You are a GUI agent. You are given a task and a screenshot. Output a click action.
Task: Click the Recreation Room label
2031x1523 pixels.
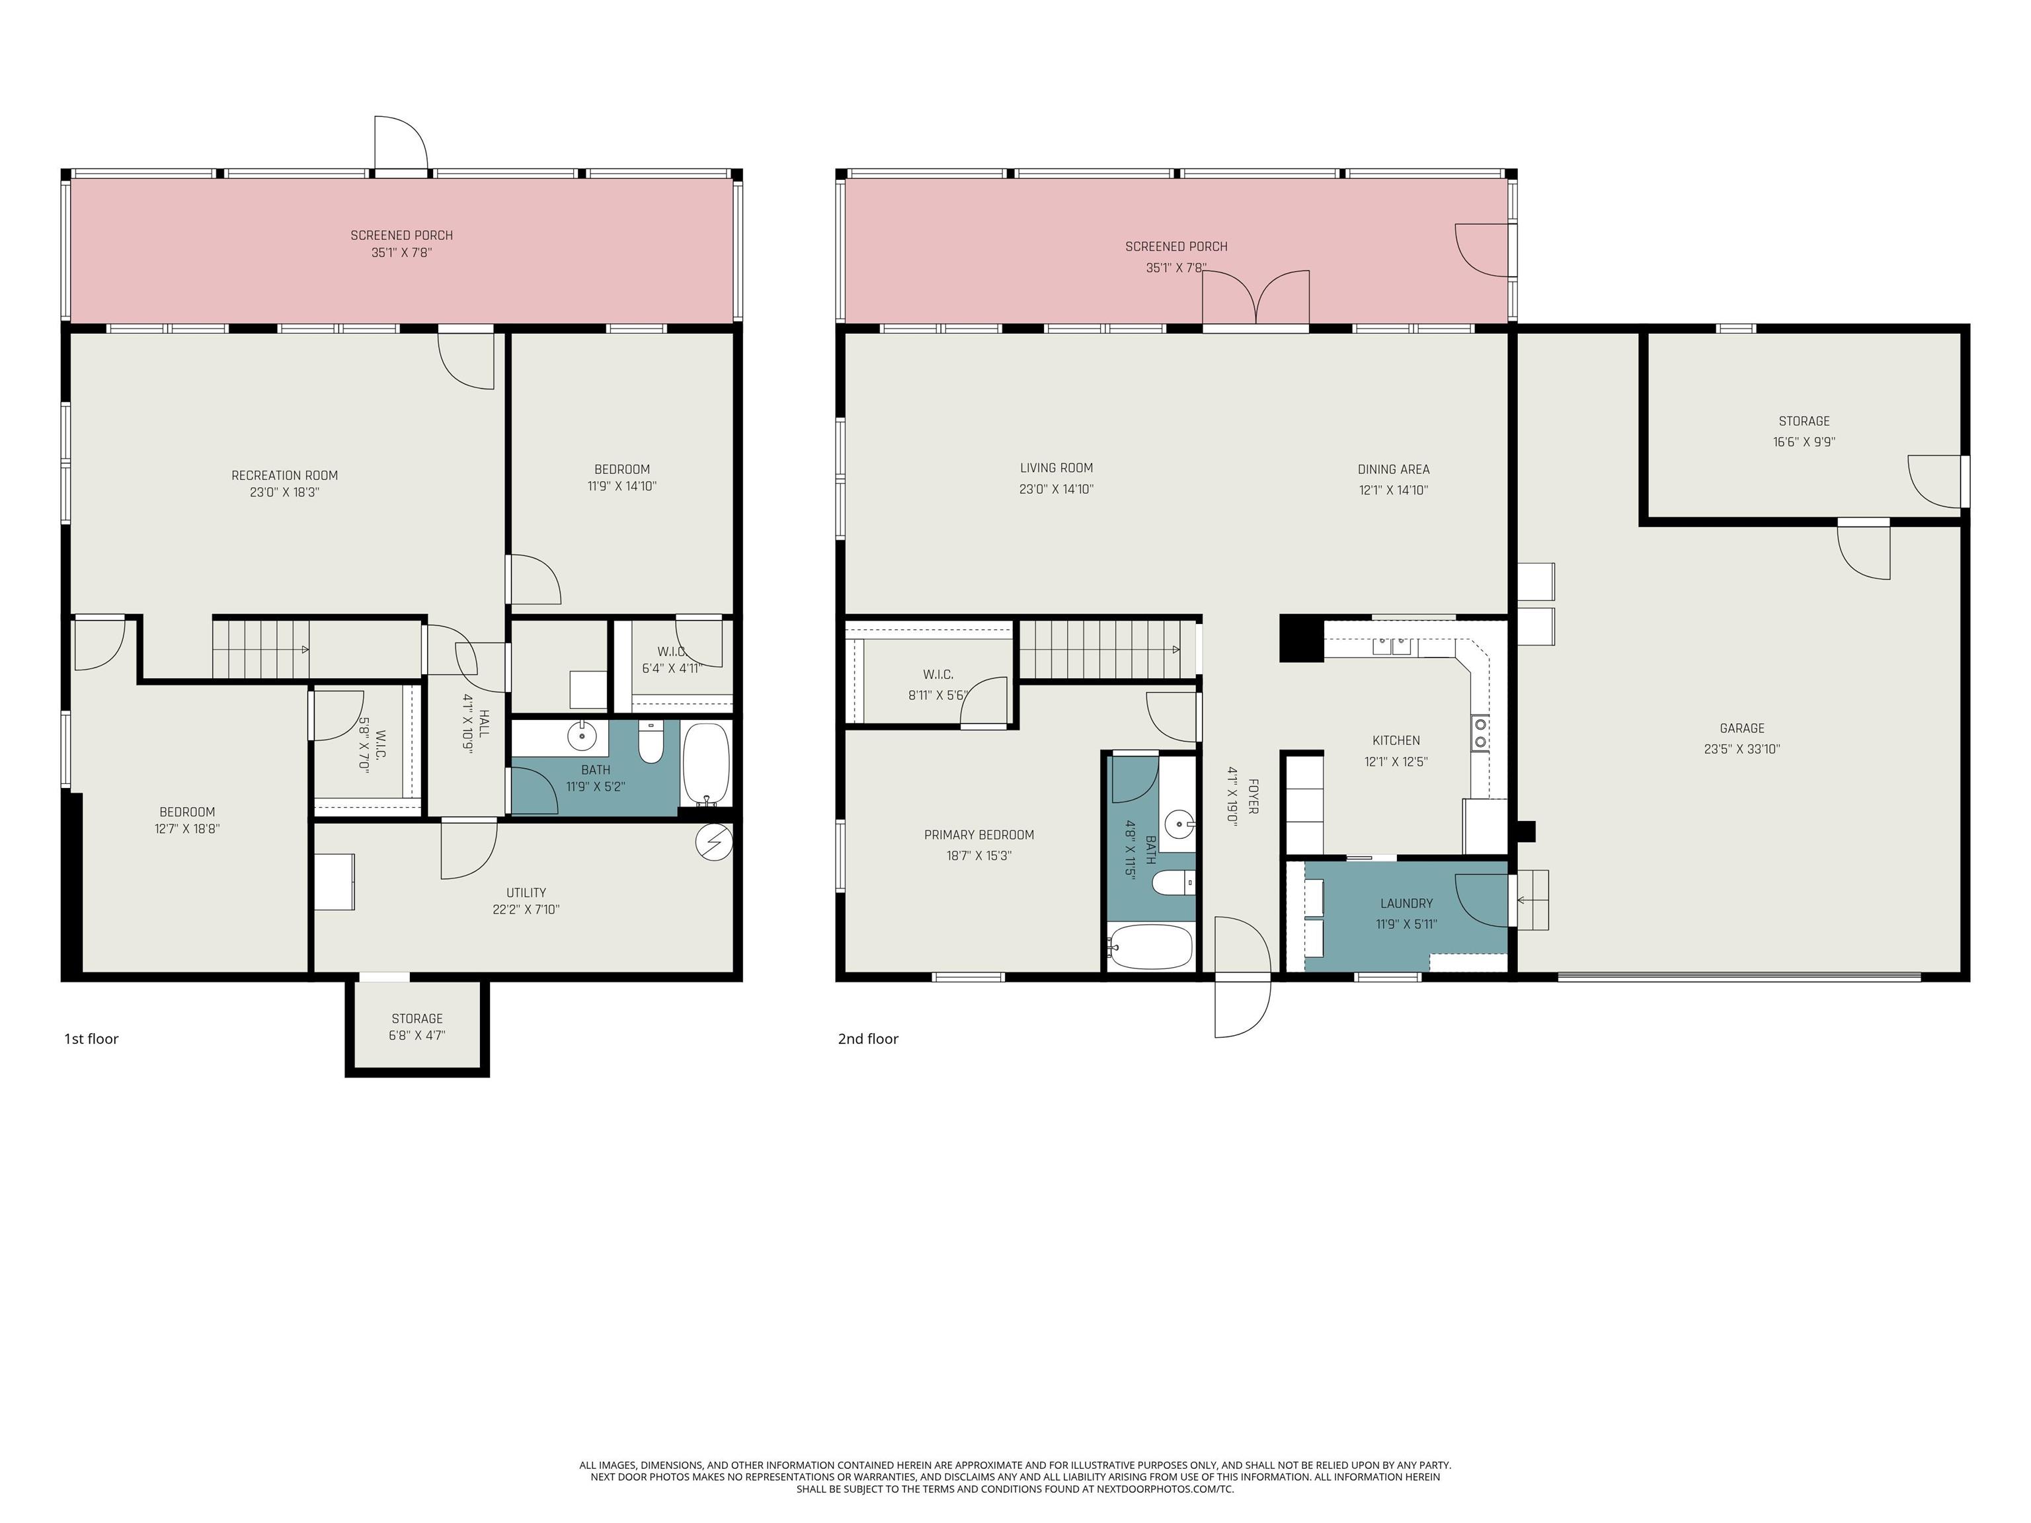(x=285, y=475)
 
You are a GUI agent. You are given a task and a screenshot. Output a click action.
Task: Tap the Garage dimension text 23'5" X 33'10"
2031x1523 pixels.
(x=1742, y=749)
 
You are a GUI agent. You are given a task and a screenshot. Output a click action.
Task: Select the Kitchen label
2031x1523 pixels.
(x=1396, y=741)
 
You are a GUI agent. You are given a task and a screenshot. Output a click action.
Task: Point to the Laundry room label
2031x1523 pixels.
(x=1406, y=904)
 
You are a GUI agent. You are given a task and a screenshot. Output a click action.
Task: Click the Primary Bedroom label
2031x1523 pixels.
(x=978, y=836)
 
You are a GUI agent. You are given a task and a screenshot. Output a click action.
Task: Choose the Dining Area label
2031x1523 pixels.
(x=1393, y=470)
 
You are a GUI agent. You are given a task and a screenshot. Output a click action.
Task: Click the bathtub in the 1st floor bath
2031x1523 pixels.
(x=706, y=763)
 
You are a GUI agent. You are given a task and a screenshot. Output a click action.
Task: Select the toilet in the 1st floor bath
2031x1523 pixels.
(x=651, y=743)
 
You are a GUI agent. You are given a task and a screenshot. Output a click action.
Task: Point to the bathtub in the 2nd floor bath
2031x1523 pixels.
(x=1150, y=947)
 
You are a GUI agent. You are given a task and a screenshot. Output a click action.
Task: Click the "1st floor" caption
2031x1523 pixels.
(x=91, y=1039)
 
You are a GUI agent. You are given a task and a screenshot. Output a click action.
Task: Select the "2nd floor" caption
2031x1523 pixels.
(x=867, y=1039)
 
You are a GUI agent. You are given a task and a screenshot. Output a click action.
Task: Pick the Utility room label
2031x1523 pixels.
(x=526, y=893)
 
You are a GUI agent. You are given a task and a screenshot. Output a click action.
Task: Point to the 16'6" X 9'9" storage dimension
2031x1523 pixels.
(x=1804, y=442)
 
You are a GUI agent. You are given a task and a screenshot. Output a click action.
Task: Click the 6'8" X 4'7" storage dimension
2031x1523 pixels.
(x=417, y=1036)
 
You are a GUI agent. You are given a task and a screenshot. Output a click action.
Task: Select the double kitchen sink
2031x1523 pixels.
(x=1392, y=646)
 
